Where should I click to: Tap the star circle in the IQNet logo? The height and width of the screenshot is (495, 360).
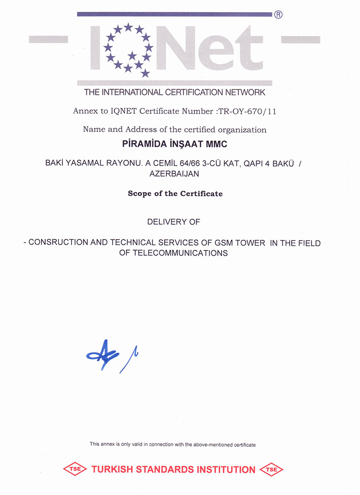128,49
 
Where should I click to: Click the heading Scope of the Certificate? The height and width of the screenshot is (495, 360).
175,193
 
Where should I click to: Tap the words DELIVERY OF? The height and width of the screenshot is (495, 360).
174,222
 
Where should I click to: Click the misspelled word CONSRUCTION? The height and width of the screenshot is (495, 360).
56,243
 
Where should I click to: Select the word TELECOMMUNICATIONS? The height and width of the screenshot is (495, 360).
180,253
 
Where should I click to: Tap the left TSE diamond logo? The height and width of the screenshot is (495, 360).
74,470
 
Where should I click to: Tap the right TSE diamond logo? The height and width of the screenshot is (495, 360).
272,470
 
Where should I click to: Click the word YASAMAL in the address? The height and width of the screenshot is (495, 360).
84,164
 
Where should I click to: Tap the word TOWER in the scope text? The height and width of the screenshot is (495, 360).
252,243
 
